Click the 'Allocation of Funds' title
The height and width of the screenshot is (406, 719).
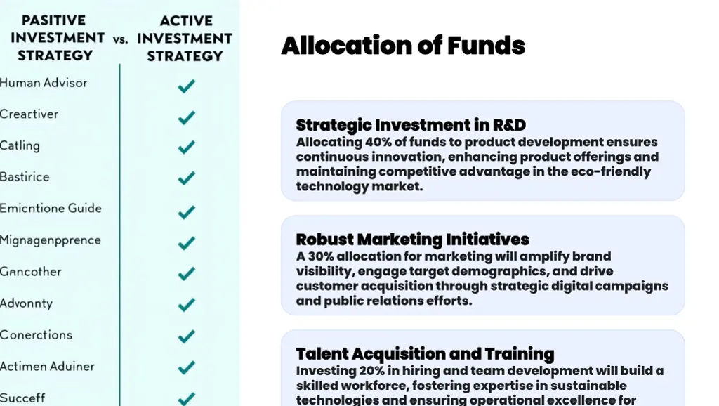[x=402, y=46]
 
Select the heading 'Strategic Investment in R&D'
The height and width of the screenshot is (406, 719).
[x=411, y=125]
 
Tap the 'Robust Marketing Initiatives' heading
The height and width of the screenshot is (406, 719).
[x=412, y=240]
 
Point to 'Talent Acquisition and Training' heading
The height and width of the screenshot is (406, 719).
[x=425, y=353]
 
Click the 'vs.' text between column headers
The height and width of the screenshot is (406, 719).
[x=121, y=39]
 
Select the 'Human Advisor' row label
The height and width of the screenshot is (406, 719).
[x=44, y=83]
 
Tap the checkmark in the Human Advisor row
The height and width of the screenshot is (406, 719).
[x=186, y=86]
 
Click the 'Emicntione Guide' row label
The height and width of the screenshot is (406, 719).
[x=51, y=209]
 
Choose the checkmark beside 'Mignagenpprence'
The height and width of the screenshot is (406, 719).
[x=186, y=244]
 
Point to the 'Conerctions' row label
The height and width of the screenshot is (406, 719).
[x=36, y=335]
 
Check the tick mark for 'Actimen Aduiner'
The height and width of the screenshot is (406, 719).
[x=186, y=367]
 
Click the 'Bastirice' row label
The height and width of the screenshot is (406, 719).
[x=25, y=177]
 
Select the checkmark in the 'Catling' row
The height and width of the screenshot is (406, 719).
[x=186, y=148]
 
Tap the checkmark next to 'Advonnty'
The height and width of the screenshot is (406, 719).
[x=186, y=305]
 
